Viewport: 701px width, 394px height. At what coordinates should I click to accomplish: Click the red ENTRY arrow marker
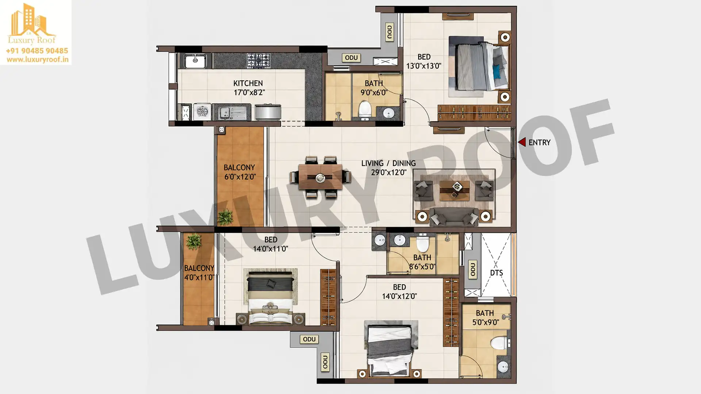pyautogui.click(x=522, y=142)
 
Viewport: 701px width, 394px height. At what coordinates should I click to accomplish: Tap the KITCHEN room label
pyautogui.click(x=248, y=84)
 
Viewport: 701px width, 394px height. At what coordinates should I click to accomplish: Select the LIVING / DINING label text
pyautogui.click(x=388, y=163)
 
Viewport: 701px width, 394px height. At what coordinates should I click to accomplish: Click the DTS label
pyautogui.click(x=497, y=273)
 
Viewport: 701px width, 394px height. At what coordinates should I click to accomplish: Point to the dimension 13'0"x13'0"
pyautogui.click(x=424, y=66)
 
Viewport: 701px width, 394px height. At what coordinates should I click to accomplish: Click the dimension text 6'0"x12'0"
pyautogui.click(x=240, y=177)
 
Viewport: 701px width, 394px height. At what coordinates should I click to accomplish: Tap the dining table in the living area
pyautogui.click(x=321, y=177)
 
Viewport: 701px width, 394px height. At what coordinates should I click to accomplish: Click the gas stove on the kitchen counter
pyautogui.click(x=258, y=61)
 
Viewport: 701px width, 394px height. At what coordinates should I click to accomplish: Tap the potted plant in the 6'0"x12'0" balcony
pyautogui.click(x=225, y=217)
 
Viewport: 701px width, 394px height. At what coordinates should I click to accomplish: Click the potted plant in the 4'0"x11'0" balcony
pyautogui.click(x=193, y=241)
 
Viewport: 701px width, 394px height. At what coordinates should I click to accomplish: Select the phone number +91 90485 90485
pyautogui.click(x=37, y=51)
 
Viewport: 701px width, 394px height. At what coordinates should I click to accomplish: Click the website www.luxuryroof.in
pyautogui.click(x=37, y=59)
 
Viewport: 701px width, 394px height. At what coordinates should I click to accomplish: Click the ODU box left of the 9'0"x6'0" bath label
pyautogui.click(x=351, y=58)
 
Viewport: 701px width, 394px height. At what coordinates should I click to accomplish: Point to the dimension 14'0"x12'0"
pyautogui.click(x=399, y=296)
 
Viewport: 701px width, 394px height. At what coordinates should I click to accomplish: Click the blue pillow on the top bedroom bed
pyautogui.click(x=497, y=72)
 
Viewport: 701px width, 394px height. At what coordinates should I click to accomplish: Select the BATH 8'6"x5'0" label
pyautogui.click(x=422, y=262)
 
